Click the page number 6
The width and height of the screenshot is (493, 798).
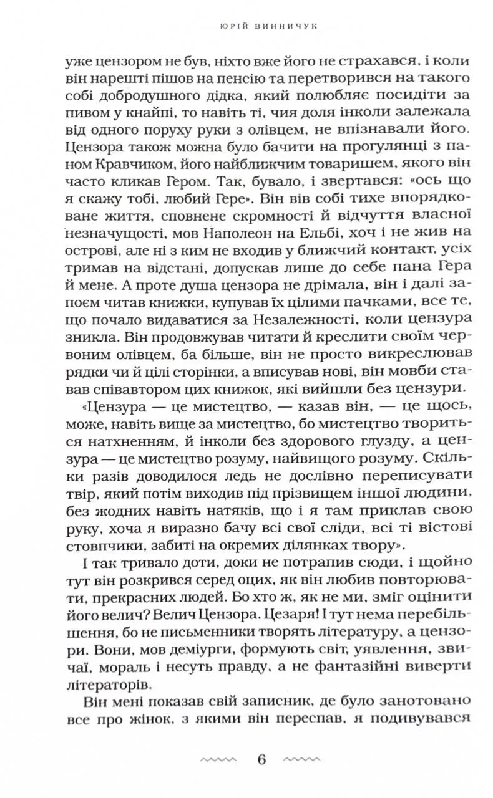pyautogui.click(x=261, y=759)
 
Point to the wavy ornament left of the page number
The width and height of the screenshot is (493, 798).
pyautogui.click(x=218, y=760)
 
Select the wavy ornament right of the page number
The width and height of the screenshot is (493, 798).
pyautogui.click(x=305, y=760)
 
